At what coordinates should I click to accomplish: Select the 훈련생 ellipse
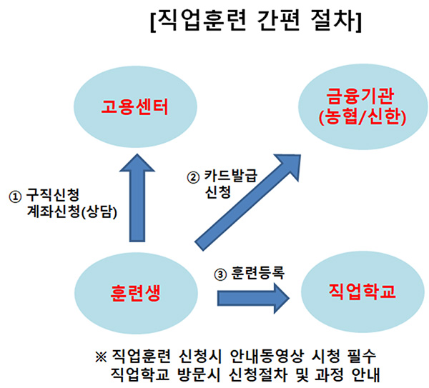[134, 292]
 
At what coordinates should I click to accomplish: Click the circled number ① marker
[14, 194]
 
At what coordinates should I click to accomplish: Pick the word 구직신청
[51, 194]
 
